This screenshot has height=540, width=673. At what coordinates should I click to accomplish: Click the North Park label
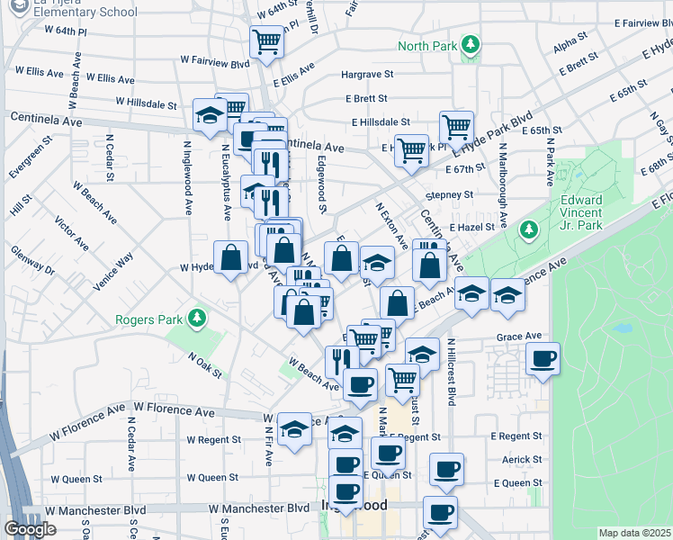[427, 46]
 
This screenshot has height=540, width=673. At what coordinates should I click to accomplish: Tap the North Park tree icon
[469, 45]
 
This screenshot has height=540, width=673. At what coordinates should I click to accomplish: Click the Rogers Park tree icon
[193, 319]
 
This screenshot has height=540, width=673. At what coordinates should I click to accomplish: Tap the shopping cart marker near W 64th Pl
[266, 41]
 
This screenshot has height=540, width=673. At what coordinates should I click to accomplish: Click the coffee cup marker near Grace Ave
[543, 359]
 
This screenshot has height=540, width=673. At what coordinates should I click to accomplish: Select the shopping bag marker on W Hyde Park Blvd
[231, 257]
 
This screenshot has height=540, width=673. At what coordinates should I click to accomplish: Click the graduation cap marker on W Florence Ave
[294, 430]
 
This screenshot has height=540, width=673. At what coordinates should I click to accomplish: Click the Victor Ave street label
[71, 232]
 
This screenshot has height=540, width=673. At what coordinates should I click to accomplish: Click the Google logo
[31, 528]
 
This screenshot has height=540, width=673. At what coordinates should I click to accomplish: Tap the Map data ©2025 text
[633, 533]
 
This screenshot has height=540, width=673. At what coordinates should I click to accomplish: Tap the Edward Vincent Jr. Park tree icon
[530, 230]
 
